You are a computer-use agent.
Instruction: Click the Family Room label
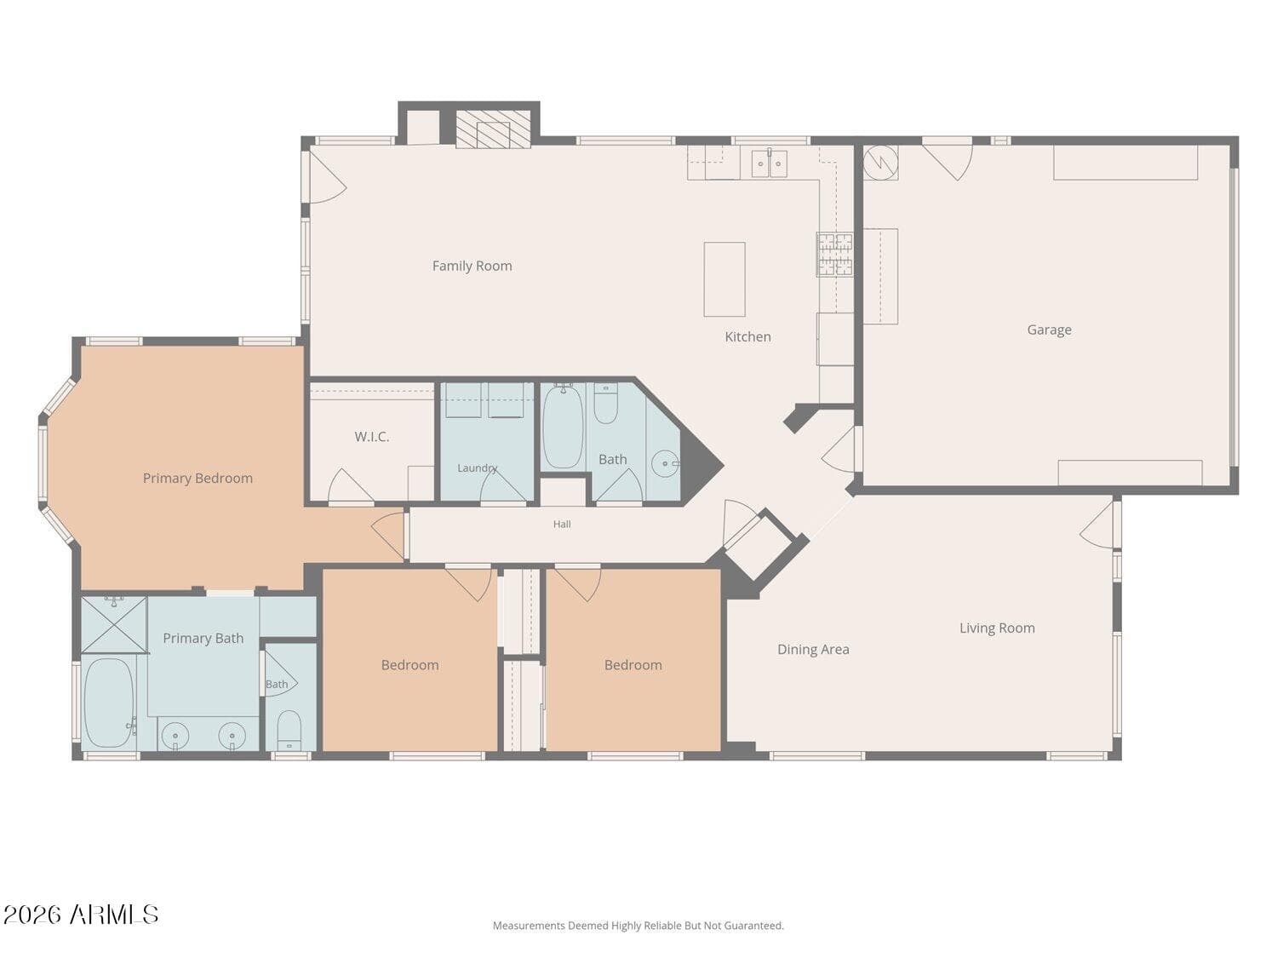coord(472,266)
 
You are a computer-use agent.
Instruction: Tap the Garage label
coord(1049,330)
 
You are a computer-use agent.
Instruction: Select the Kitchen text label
coord(747,336)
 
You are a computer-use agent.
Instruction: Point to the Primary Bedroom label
coord(198,478)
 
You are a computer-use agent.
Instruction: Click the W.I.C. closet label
coord(372,437)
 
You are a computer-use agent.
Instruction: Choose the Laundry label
coord(477,468)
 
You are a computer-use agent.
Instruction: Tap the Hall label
coord(561,524)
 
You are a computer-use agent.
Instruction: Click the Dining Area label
coord(813,650)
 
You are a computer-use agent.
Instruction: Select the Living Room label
coord(997,628)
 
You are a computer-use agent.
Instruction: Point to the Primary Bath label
coord(203,638)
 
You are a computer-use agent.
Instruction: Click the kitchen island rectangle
coord(724,279)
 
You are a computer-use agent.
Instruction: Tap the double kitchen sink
coord(769,163)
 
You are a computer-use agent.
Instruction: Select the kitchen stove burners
coord(834,254)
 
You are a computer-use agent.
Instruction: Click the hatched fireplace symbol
coord(493,129)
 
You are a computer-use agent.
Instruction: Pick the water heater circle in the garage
coord(880,163)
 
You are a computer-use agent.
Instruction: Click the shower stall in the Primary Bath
coord(114,625)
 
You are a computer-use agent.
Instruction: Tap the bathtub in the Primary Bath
coord(109,702)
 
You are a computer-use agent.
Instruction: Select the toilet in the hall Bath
coord(605,403)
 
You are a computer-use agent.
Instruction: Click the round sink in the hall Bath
coord(665,463)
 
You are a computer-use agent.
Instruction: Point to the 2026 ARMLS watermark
coord(81,915)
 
